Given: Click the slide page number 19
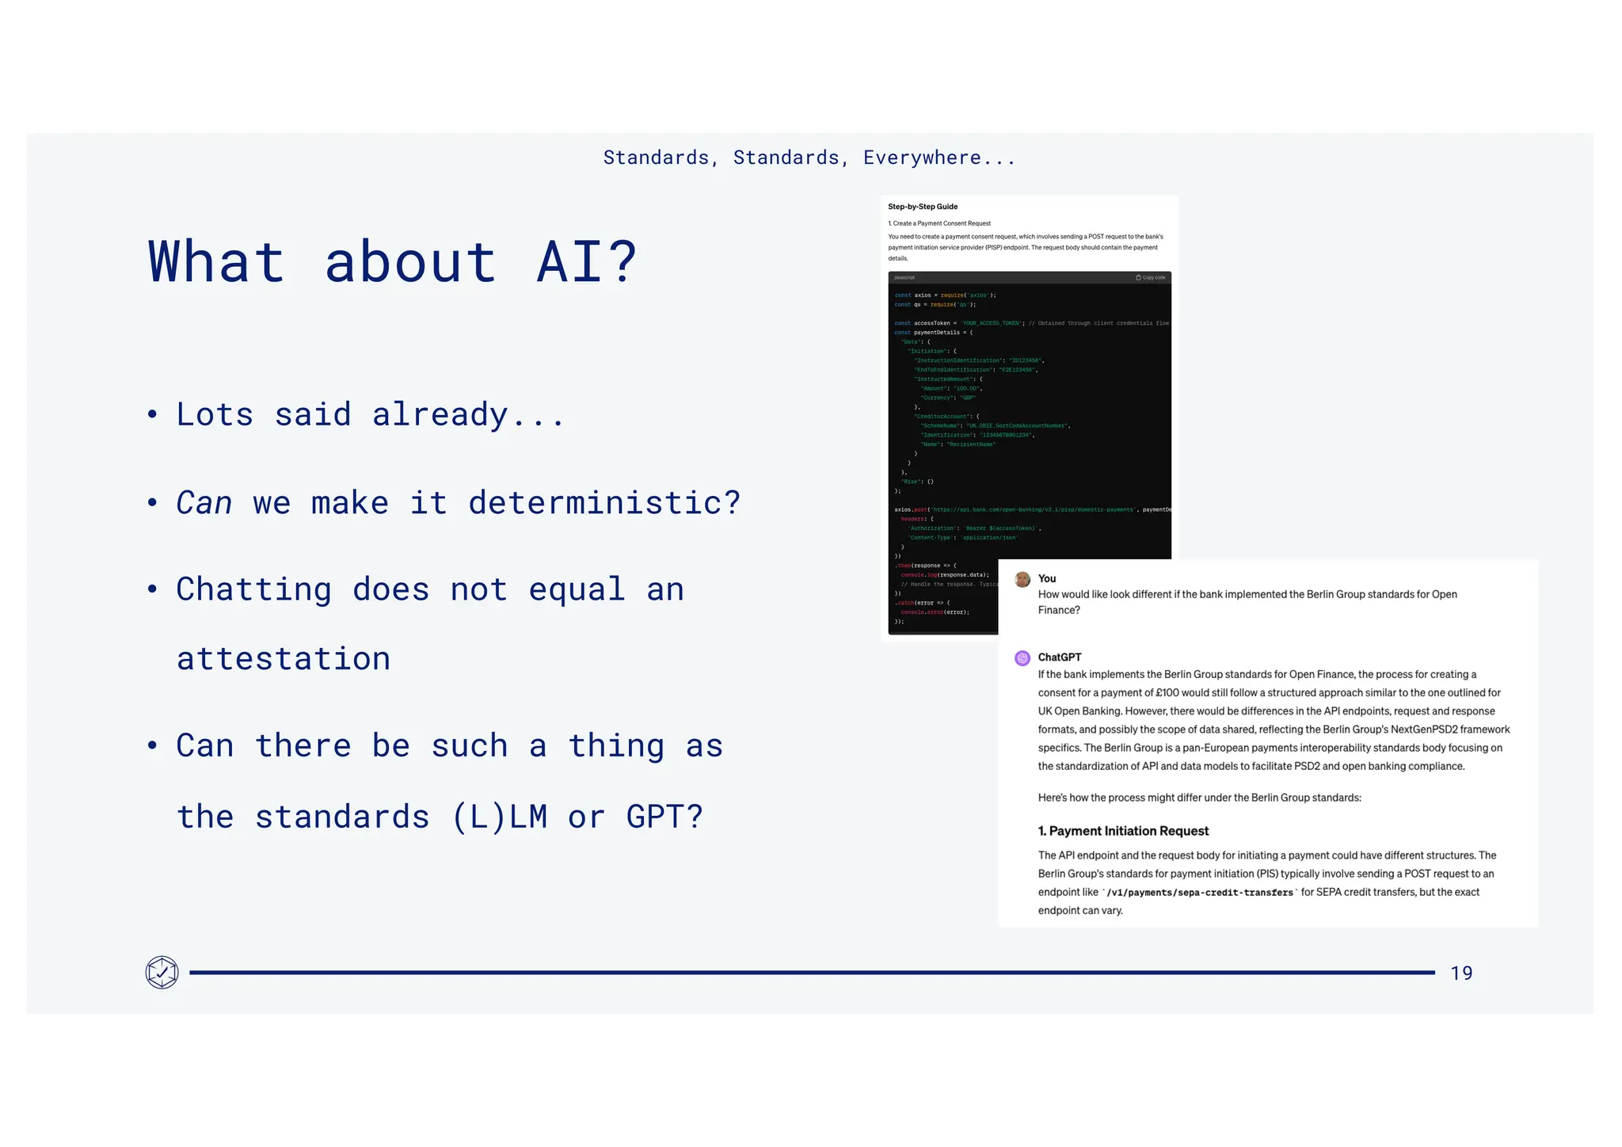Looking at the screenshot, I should [x=1461, y=973].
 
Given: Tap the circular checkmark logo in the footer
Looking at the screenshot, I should [x=162, y=972].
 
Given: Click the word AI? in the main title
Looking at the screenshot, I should [x=587, y=261].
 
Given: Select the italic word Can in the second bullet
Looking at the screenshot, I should [x=204, y=502].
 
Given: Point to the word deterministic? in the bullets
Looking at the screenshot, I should [x=604, y=502].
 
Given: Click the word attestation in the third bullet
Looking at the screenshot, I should [x=283, y=658].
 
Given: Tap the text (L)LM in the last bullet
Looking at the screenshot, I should [x=499, y=817].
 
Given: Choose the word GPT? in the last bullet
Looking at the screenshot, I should [x=664, y=817].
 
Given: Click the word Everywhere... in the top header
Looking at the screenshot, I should [x=939, y=158].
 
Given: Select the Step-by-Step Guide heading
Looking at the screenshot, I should [x=923, y=207].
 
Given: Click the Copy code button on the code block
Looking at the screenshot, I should [x=1150, y=278].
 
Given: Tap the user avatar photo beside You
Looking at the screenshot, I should [x=1022, y=579].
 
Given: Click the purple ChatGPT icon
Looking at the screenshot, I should [x=1022, y=657].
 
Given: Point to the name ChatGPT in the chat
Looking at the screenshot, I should [x=1060, y=657].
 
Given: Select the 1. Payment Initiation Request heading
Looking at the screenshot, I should [x=1123, y=831].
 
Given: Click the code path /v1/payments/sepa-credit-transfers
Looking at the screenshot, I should [x=1200, y=893].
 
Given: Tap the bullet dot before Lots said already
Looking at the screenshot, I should [x=152, y=414].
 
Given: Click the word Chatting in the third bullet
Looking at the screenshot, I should [x=253, y=589].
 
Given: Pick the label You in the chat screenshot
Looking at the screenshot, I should [x=1047, y=579].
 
